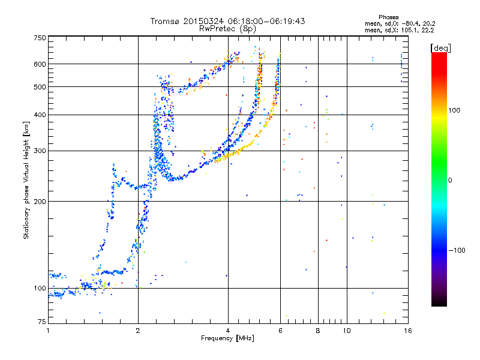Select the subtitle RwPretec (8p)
227,29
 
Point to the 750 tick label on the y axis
40,38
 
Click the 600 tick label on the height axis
40,64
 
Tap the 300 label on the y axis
40,151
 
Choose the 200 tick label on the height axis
40,201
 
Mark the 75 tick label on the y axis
42,322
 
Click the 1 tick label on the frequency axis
48,331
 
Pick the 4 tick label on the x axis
228,331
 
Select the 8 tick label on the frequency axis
318,331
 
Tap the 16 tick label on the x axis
408,331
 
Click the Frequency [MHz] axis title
227,338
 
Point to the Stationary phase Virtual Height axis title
26,180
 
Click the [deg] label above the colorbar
440,49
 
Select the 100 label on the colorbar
454,110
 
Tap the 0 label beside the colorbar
449,180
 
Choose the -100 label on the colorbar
457,250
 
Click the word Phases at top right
388,17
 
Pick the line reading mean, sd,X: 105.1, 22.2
399,31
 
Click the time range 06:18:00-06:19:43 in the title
266,21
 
